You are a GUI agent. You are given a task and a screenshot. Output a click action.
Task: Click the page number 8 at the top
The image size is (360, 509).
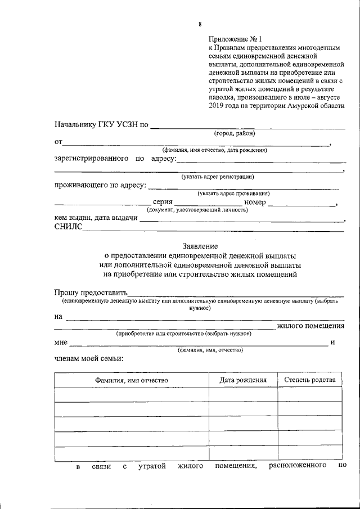point(200,24)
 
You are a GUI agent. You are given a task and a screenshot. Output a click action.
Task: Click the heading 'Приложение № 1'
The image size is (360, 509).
point(236,39)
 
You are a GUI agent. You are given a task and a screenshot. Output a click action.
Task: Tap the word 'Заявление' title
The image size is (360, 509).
point(200,246)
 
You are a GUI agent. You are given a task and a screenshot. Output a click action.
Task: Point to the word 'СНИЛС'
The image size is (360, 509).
point(68,227)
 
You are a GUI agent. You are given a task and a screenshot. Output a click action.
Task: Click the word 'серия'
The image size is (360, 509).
point(163,202)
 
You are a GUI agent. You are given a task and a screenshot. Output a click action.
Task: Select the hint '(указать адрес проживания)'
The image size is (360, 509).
point(229,193)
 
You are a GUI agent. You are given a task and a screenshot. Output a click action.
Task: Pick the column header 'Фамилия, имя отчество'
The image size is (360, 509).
point(132,380)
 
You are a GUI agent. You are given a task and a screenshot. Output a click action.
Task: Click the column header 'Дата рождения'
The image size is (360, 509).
point(243,380)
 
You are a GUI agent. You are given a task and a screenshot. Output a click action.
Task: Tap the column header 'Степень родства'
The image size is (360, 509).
point(310,380)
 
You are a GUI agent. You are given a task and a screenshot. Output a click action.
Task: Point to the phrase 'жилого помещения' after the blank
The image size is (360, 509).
point(310,326)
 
